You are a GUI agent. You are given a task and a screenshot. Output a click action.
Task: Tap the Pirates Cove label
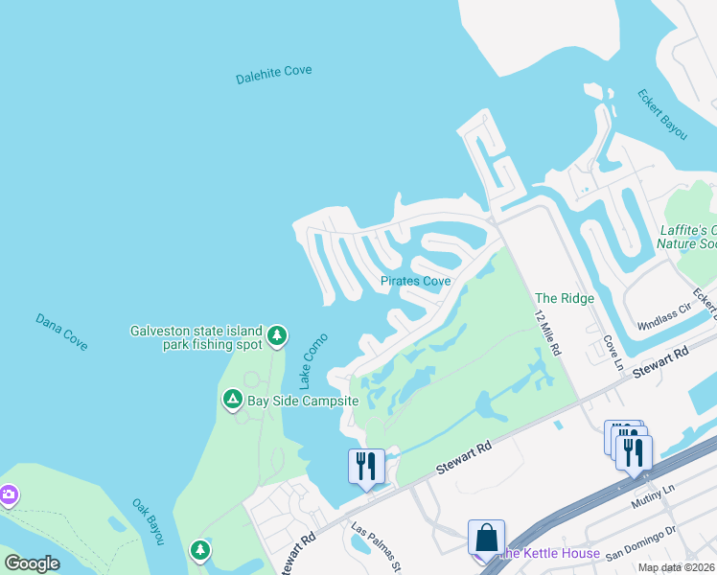click(x=415, y=281)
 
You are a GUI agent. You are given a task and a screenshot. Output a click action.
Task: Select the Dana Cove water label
click(x=61, y=331)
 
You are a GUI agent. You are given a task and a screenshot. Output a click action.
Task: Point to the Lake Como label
click(x=312, y=359)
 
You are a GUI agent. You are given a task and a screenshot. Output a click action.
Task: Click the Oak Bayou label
click(x=148, y=522)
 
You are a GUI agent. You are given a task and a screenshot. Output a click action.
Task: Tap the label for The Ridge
click(x=565, y=298)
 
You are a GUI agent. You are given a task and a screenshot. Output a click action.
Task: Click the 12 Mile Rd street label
click(x=547, y=333)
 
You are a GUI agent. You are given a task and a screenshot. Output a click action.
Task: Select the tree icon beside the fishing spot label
click(x=277, y=334)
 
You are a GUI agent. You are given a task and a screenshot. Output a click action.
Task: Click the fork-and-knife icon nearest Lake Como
click(x=365, y=466)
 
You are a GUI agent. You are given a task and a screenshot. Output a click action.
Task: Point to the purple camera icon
click(x=8, y=494)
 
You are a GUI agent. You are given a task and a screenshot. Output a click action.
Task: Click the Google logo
click(x=32, y=563)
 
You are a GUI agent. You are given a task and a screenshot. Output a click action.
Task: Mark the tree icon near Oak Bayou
click(x=199, y=549)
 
